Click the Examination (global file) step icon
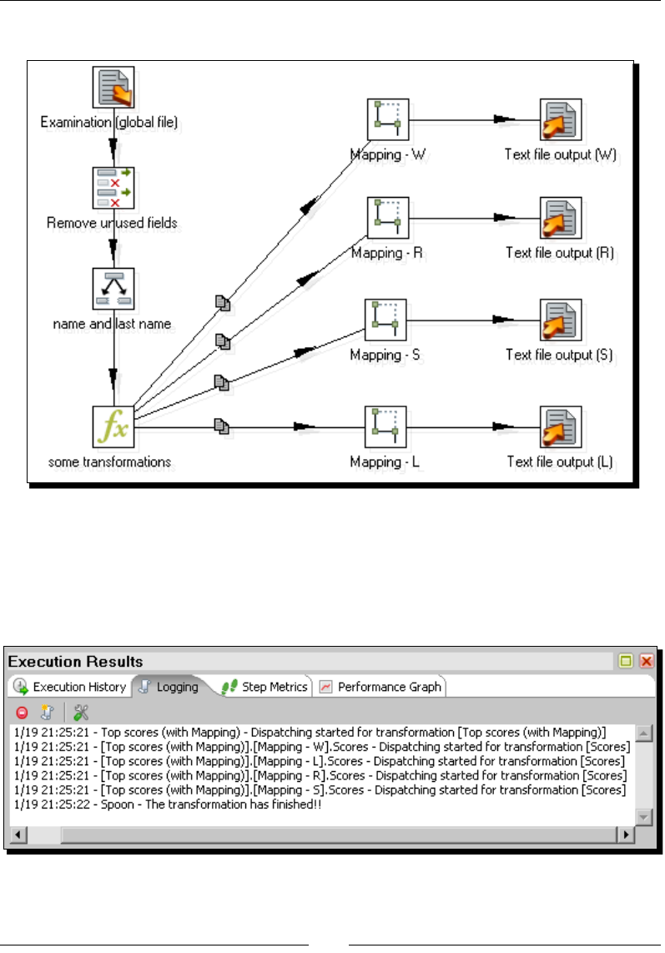(113, 88)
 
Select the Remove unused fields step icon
(113, 188)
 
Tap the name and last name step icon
(113, 289)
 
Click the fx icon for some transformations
(113, 427)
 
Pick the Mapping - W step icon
(388, 120)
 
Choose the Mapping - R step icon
(388, 218)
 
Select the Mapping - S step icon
(385, 320)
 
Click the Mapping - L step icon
(385, 427)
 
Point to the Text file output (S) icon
(560, 320)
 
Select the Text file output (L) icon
(560, 427)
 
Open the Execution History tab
(70, 687)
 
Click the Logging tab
(169, 687)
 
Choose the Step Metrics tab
(265, 687)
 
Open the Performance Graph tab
(380, 687)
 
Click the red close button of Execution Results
(646, 662)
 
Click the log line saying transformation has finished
(167, 804)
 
